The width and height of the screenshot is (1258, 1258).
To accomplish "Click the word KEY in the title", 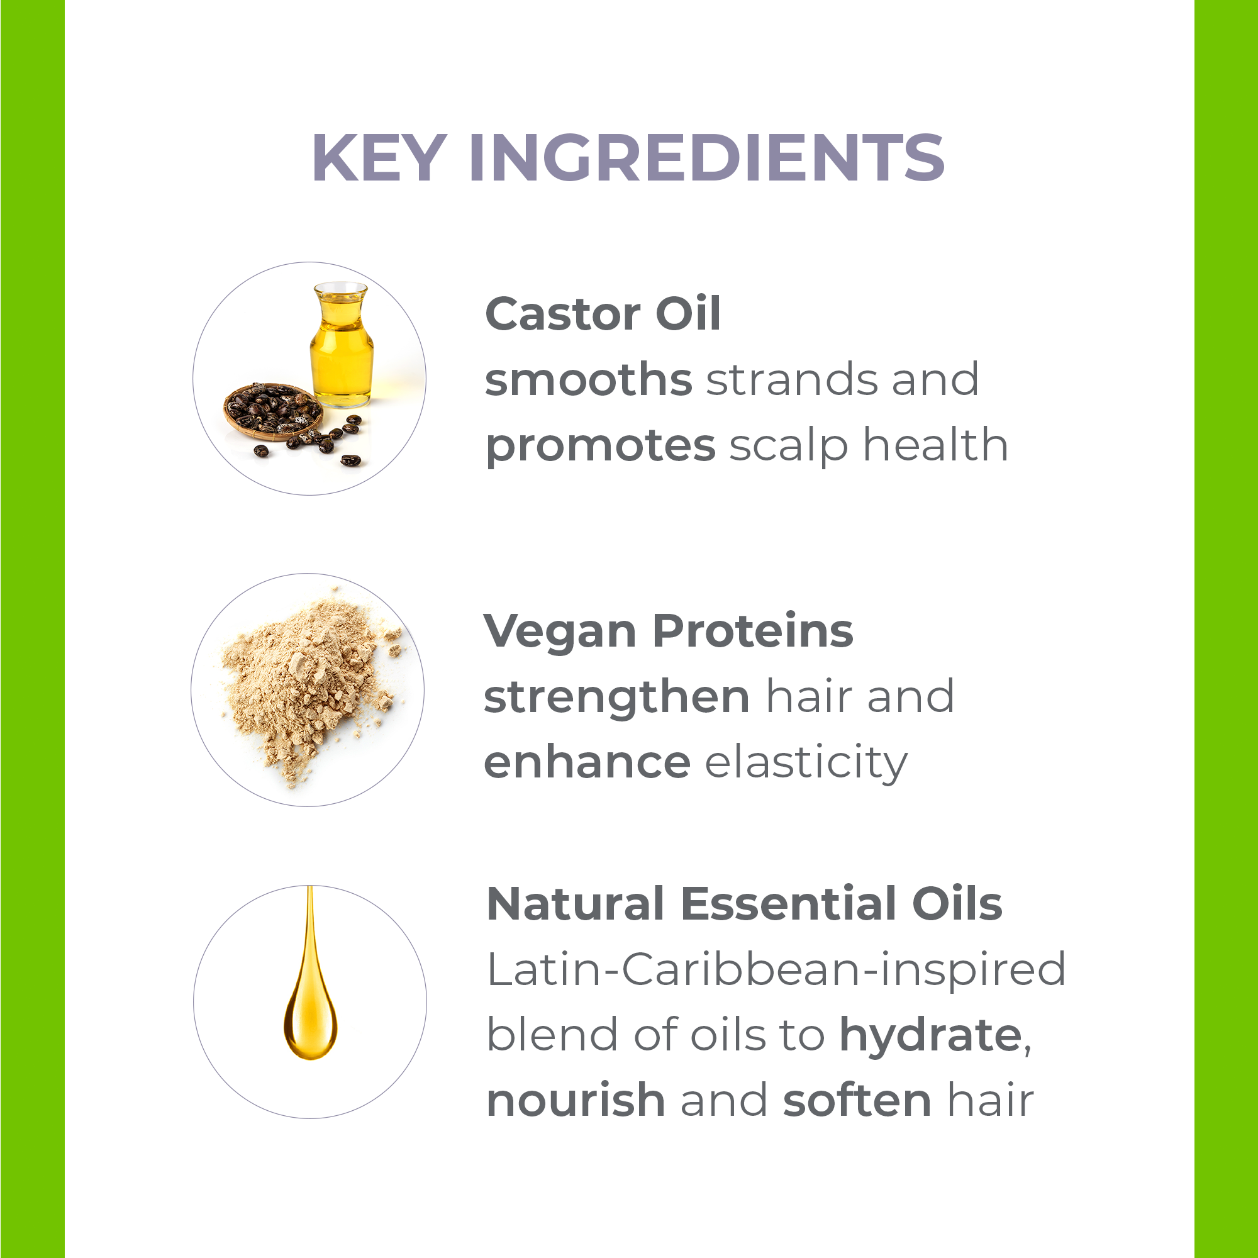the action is [x=381, y=158].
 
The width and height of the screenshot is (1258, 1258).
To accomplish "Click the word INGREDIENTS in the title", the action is [x=707, y=158].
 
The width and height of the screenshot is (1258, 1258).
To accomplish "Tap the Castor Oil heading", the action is [x=603, y=314].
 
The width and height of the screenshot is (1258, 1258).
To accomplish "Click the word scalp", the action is [x=789, y=445].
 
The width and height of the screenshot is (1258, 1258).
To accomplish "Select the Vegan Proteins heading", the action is [x=668, y=631].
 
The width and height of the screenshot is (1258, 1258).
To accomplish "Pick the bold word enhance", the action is [x=587, y=762].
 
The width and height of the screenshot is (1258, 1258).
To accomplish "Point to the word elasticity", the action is [x=806, y=762].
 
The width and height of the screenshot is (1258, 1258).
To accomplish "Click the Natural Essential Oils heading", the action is [x=744, y=905].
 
